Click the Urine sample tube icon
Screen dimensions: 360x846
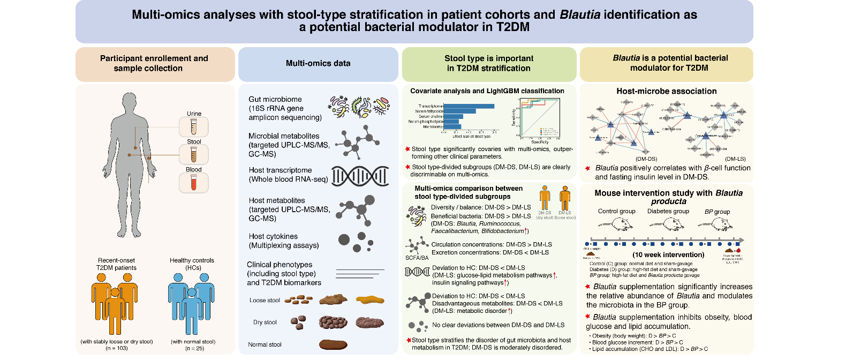coord(194,127)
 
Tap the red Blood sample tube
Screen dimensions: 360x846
coord(194,183)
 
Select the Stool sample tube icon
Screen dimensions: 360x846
coord(194,155)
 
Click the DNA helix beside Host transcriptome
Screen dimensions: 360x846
coord(360,176)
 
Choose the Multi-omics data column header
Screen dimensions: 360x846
coord(318,64)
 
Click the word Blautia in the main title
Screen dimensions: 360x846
coord(580,15)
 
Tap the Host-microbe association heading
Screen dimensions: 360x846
coord(666,92)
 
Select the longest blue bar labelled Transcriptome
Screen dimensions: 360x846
coord(469,106)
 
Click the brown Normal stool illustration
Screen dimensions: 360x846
coord(333,344)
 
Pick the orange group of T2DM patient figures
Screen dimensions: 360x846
coord(115,303)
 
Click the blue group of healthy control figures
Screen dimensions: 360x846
coord(191,303)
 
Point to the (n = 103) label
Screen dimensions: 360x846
coord(117,348)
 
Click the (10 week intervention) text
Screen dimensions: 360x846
coord(668,255)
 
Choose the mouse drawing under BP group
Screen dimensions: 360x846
coord(716,224)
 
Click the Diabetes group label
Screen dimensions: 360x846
coord(668,211)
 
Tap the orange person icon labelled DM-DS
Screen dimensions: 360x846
coord(545,198)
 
